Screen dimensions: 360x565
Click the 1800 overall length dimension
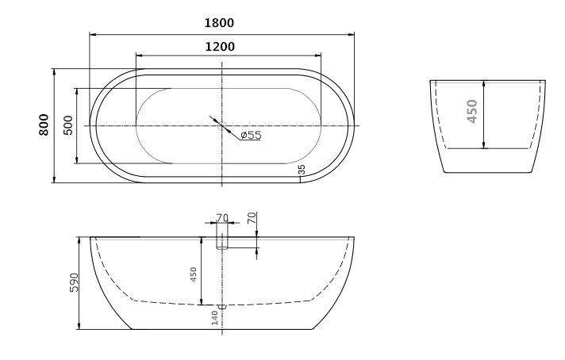(x=222, y=23)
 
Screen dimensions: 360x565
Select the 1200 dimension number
(x=220, y=46)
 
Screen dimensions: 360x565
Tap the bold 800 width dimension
(x=44, y=125)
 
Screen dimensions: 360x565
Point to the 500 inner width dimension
(x=68, y=125)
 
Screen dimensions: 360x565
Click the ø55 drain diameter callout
(x=251, y=135)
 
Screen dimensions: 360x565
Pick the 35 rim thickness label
(x=302, y=169)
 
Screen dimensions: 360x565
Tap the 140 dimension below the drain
(x=214, y=318)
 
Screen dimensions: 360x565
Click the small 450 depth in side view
(x=193, y=274)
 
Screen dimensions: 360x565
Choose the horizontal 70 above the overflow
(x=222, y=216)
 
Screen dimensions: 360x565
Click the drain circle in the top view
(x=222, y=126)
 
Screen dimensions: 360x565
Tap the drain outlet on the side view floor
(x=222, y=305)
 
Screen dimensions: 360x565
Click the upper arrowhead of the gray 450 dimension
(x=483, y=83)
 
